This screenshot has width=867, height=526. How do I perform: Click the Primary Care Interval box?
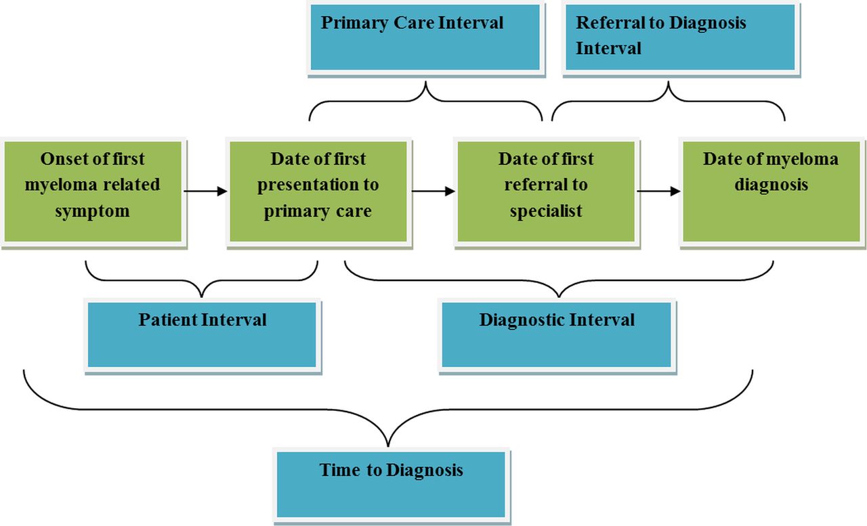(x=425, y=37)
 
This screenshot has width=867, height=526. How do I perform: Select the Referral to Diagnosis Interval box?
(x=681, y=37)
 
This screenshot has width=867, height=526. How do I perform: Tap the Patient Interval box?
(x=202, y=335)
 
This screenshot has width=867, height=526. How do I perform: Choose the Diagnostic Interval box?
(x=557, y=335)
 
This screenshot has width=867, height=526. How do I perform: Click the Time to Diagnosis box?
(x=391, y=485)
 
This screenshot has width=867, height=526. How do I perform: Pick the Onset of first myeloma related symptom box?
(x=93, y=192)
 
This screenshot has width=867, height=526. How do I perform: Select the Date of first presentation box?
(x=318, y=192)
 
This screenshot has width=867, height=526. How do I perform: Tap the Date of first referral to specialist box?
(x=546, y=192)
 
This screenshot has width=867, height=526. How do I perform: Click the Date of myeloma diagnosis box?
(x=771, y=192)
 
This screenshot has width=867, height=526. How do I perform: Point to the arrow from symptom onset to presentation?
(x=205, y=191)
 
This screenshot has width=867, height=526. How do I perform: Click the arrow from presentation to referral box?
(x=433, y=191)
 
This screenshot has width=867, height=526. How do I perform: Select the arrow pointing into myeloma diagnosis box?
(x=658, y=191)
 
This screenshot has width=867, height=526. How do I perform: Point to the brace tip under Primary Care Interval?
(x=426, y=82)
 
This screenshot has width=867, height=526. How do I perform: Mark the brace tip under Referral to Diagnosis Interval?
(x=669, y=82)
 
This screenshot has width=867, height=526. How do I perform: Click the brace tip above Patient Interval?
(x=201, y=297)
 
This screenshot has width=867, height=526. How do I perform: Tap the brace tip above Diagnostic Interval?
(x=559, y=297)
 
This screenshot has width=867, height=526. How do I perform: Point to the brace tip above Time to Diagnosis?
(x=388, y=446)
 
